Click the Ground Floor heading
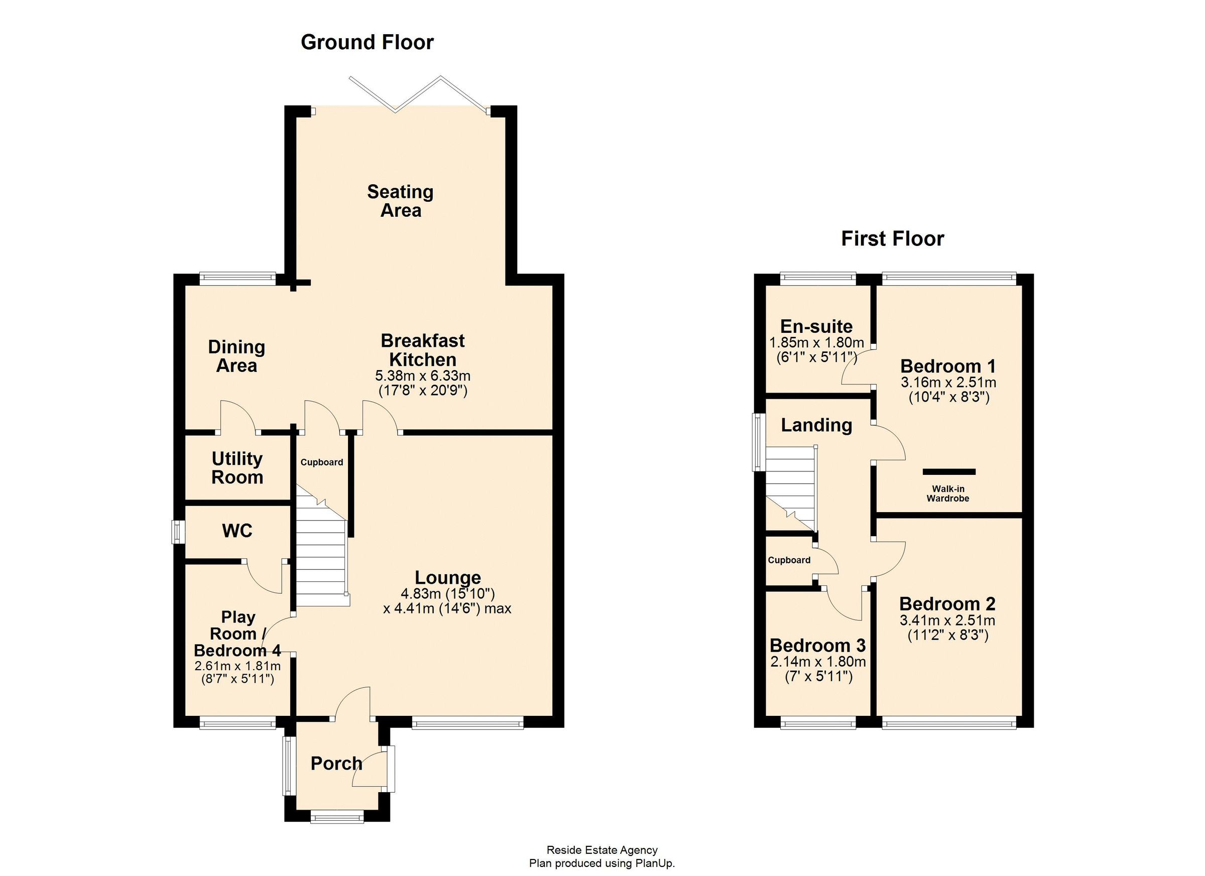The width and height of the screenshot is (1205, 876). (x=367, y=43)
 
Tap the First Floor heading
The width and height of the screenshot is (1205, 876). (x=893, y=239)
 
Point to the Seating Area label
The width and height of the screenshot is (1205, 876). (x=401, y=201)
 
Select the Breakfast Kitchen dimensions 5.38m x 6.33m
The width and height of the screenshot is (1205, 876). (x=423, y=376)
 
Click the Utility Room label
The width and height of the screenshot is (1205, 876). (x=237, y=468)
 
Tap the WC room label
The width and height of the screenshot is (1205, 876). (x=237, y=531)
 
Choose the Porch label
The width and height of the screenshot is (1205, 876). (x=336, y=764)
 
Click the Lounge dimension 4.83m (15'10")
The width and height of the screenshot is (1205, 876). (x=447, y=593)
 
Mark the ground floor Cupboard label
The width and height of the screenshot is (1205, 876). (x=321, y=462)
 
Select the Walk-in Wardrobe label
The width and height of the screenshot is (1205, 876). (x=948, y=493)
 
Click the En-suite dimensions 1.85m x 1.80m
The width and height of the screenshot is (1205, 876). (x=816, y=343)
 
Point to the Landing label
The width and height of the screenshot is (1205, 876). (x=816, y=425)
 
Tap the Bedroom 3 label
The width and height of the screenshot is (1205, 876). (x=818, y=646)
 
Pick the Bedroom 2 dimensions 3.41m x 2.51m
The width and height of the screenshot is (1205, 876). (x=947, y=620)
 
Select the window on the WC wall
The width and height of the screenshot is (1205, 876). (x=177, y=532)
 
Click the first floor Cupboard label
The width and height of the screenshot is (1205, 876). (x=789, y=560)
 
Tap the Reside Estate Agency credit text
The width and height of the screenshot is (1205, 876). (x=602, y=850)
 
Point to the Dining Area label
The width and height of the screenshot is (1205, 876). (x=236, y=356)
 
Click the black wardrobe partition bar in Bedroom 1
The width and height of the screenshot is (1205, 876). (x=949, y=472)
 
